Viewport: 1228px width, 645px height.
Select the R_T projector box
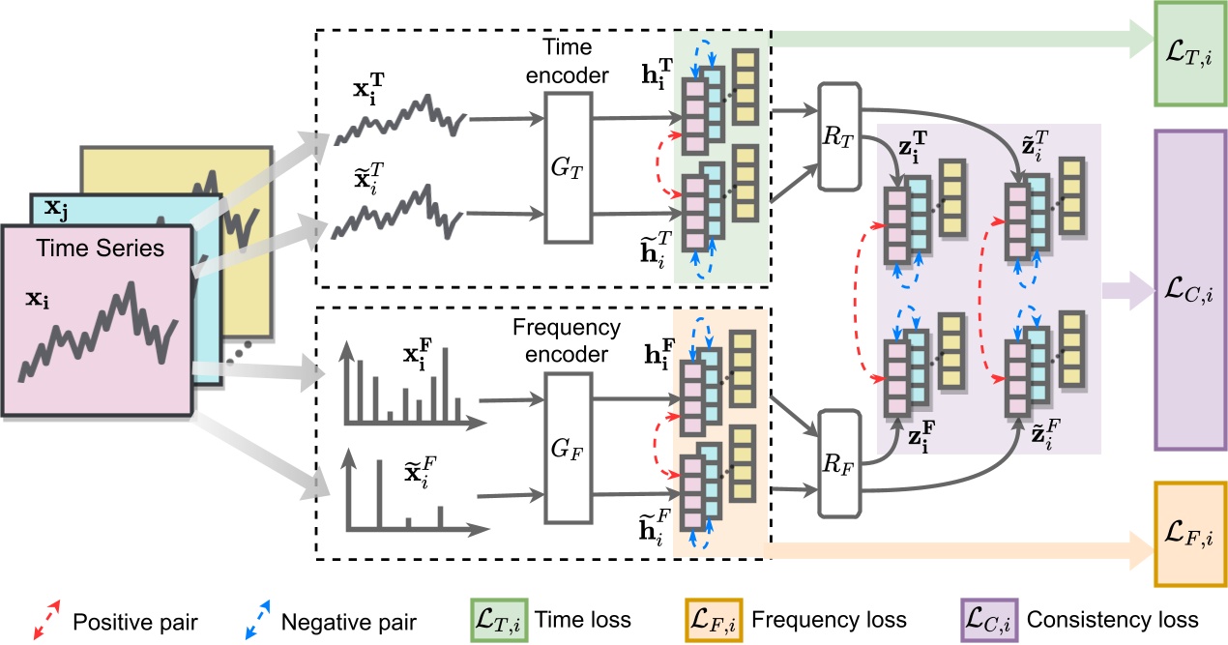click(838, 135)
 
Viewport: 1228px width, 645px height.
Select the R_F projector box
click(838, 463)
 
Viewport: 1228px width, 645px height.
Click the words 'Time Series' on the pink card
click(102, 249)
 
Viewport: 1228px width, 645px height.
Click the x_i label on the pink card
click(40, 296)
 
